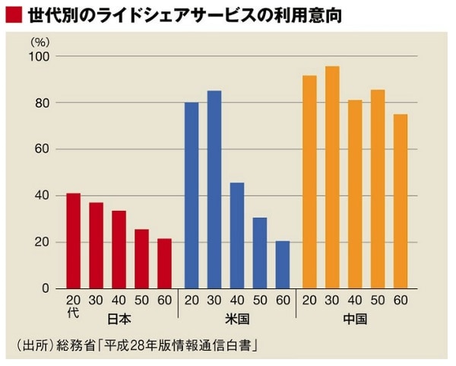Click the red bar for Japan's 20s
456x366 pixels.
point(73,241)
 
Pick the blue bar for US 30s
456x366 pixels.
point(214,190)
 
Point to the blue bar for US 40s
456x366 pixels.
point(237,236)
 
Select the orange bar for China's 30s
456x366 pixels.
point(332,178)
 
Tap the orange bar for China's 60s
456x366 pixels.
point(401,202)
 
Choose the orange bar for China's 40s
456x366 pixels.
point(355,195)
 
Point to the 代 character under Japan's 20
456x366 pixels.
point(73,313)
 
